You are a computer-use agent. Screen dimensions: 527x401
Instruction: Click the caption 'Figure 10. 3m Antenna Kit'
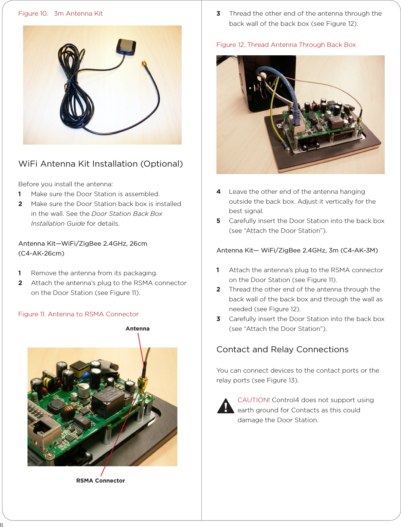point(60,14)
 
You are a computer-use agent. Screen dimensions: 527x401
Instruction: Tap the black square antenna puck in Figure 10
point(126,47)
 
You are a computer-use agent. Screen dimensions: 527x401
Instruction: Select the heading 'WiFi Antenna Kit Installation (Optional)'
point(101,164)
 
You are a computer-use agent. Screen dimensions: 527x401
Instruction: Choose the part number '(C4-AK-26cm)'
point(41,253)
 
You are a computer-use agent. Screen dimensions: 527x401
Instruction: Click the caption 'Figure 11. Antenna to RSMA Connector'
point(78,314)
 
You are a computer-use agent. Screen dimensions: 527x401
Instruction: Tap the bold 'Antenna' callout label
point(138,328)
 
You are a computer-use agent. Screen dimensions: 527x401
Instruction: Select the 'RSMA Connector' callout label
point(101,481)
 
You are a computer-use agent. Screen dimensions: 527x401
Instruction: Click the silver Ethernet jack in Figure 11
point(40,431)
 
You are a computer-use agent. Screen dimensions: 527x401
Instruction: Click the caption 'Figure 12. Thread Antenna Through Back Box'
point(286,45)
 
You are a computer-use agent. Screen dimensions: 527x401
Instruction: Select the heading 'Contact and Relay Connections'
point(282,350)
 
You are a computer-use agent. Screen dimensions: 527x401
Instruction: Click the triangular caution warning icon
point(225,406)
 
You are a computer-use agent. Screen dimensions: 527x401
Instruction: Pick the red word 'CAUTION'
point(253,400)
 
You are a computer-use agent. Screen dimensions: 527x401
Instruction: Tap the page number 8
point(2,524)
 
